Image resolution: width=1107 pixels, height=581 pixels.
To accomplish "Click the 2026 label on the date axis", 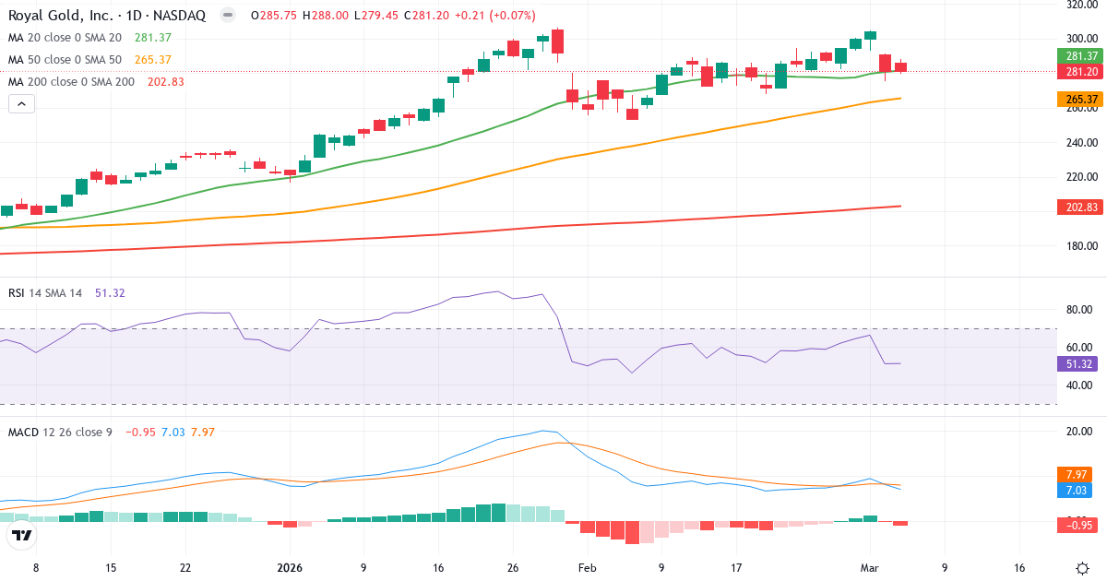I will click(x=290, y=568).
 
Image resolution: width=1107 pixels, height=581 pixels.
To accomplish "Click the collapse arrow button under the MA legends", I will click(x=22, y=104).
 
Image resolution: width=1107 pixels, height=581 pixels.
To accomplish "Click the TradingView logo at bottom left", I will click(x=22, y=534).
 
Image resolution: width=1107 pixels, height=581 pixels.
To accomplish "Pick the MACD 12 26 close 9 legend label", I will click(x=60, y=432).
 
